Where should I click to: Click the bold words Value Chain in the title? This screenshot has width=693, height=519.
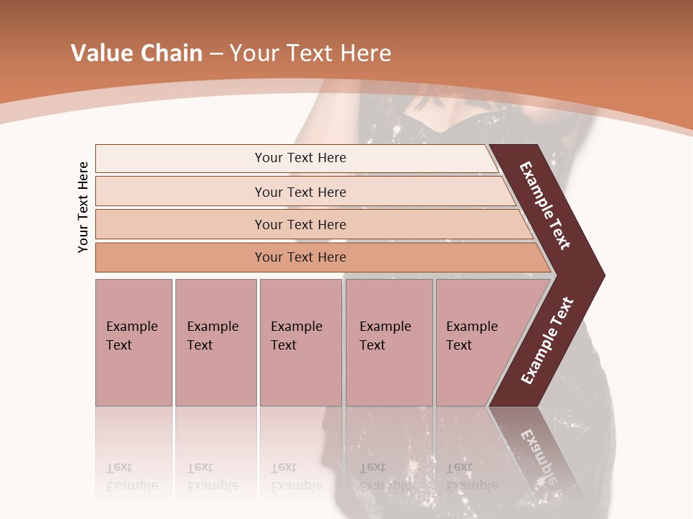136,53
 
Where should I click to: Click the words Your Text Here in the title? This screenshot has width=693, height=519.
310,53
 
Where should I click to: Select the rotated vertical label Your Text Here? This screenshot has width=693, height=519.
83,208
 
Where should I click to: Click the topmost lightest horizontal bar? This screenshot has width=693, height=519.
180,159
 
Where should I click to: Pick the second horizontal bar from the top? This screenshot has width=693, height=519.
180,192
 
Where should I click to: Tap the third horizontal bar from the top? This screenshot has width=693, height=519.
180,224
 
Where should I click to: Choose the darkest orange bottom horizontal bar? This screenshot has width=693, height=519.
180,257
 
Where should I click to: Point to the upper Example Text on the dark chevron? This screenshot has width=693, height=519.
545,205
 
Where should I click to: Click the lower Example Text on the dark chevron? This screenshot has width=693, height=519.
546,341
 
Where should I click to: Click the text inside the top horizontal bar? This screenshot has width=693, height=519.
300,158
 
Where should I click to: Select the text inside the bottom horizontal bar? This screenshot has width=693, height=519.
300,257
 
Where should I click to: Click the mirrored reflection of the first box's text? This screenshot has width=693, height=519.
131,476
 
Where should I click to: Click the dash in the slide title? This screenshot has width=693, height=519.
216,54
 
